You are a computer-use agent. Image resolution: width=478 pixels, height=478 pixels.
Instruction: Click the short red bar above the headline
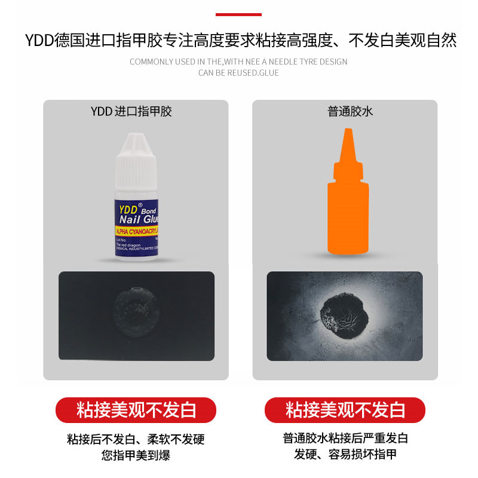tap(238, 14)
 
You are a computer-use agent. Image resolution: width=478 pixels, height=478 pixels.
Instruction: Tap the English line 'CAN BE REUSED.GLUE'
tap(238, 73)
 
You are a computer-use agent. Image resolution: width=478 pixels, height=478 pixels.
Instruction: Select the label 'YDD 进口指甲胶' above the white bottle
tap(131, 111)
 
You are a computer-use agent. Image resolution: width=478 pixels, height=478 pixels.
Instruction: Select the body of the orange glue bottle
tap(348, 215)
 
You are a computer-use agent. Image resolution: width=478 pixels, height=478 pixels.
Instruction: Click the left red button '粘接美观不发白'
tap(136, 410)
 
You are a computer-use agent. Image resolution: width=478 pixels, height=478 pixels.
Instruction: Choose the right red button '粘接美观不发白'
tap(345, 410)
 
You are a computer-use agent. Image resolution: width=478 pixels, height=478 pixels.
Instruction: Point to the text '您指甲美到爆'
tap(136, 455)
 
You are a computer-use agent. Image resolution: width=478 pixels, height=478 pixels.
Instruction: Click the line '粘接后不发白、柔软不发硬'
tap(136, 439)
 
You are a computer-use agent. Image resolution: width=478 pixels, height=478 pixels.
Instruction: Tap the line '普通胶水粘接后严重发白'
tap(345, 439)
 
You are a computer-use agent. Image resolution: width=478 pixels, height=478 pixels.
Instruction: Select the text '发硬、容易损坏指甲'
tap(345, 454)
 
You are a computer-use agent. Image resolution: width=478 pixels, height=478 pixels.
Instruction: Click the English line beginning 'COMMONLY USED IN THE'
tap(238, 62)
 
